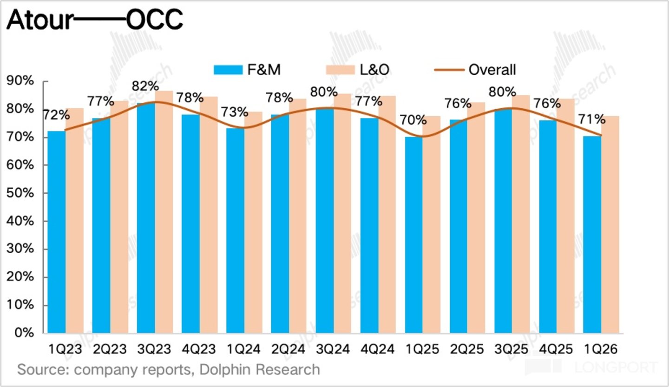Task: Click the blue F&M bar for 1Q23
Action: pos(57,232)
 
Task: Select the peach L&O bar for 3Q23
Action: pos(164,212)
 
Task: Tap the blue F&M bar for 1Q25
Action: pos(414,235)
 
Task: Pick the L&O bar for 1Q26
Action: pos(610,224)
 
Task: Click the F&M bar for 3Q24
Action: pos(325,221)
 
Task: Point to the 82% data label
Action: pos(145,86)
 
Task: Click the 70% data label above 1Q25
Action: pos(413,120)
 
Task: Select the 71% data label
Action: pos(592,119)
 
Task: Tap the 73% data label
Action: pos(235,112)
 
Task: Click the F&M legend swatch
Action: pos(228,70)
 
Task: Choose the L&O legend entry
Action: pos(358,70)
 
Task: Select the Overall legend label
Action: pos(492,70)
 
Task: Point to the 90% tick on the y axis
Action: pos(20,81)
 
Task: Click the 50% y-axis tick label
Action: pos(20,193)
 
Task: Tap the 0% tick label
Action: pos(24,333)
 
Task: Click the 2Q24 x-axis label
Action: pos(288,349)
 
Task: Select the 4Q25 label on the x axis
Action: pos(556,349)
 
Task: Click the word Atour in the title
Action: pos(40,20)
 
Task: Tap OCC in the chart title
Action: pos(154,20)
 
